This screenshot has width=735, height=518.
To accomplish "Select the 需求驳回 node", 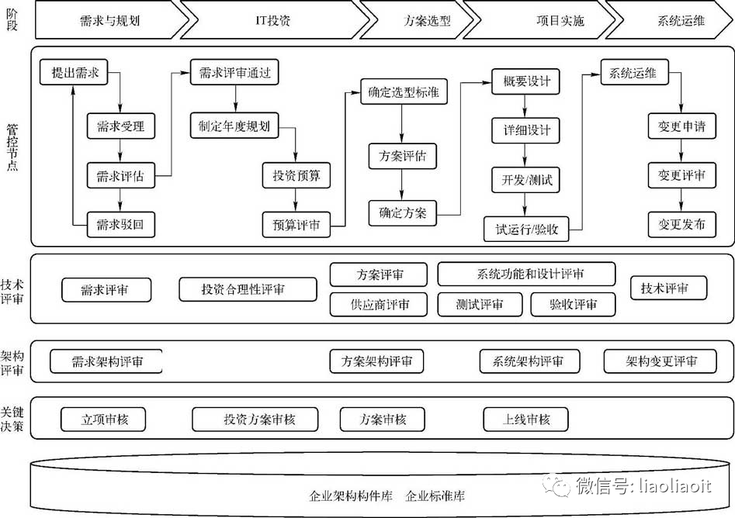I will click(120, 225).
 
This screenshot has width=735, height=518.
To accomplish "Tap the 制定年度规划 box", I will click(234, 126).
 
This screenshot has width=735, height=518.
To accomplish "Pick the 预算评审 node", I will click(296, 225).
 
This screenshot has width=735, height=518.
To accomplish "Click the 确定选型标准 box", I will click(403, 92).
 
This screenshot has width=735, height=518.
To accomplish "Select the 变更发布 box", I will click(681, 225).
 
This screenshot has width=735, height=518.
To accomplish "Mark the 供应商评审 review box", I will click(379, 304).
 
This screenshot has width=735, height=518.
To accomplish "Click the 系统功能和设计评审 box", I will click(526, 274).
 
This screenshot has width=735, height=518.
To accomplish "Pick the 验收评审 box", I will click(574, 304).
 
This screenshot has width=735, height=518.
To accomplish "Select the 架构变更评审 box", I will click(661, 361).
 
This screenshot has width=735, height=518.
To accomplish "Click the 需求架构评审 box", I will click(107, 361).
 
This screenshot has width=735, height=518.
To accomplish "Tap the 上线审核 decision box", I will click(526, 420).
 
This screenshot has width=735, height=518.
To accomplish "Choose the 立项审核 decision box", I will click(104, 420).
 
